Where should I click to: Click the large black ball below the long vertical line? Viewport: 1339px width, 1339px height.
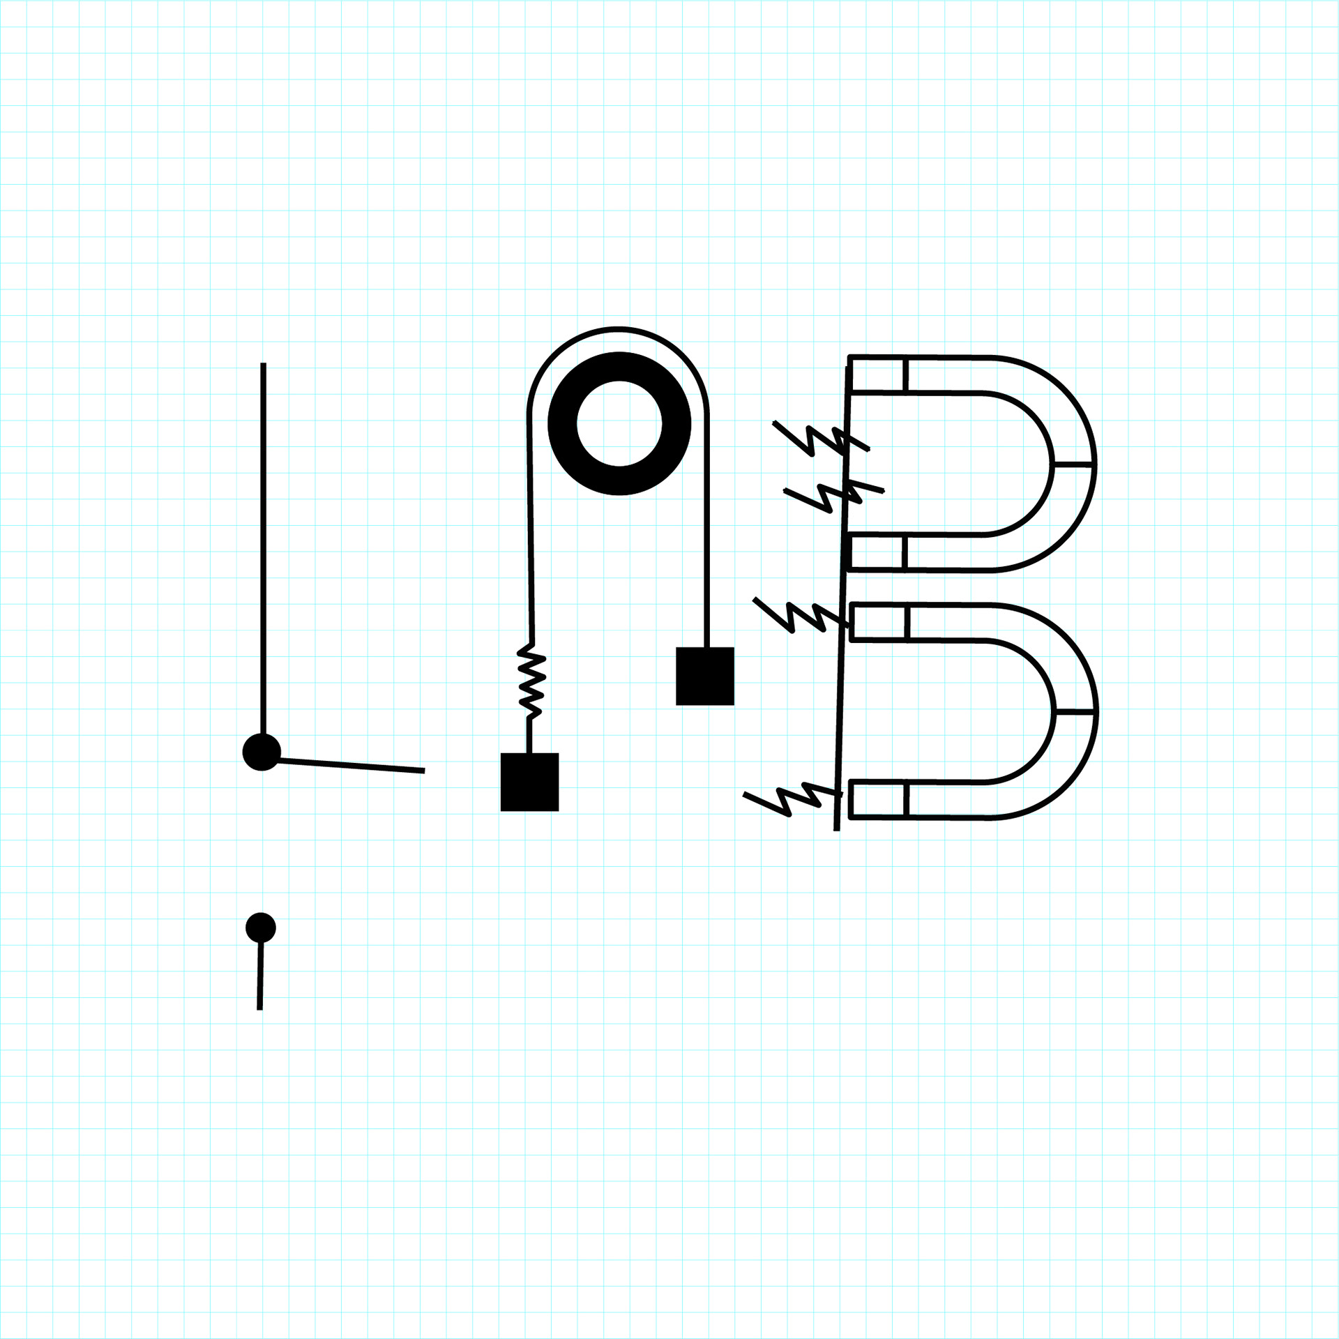pos(262,752)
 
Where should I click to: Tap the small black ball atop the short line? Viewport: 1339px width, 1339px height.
pos(261,928)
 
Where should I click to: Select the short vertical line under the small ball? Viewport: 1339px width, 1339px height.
pos(260,976)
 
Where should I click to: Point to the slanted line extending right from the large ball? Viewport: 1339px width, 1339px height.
pos(349,766)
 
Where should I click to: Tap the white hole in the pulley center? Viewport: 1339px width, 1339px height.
pos(619,423)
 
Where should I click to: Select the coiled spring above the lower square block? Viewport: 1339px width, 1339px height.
pos(531,681)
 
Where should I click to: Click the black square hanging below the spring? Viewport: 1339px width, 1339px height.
pos(529,782)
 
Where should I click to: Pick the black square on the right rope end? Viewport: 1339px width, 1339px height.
pos(704,676)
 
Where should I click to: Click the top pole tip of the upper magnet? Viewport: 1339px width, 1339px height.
pos(878,375)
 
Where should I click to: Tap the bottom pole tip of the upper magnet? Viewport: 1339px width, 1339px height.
pos(877,552)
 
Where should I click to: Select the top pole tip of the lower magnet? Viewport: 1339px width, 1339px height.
pos(879,621)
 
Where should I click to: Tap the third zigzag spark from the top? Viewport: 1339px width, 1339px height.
pos(799,615)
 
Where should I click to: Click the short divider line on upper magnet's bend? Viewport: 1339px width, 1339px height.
pos(1073,463)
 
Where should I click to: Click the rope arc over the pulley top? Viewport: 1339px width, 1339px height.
pos(619,328)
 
